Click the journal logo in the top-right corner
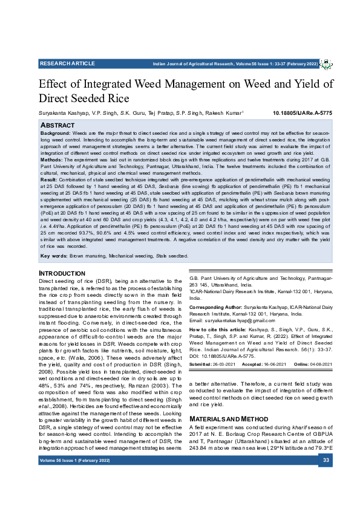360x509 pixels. pos(325,63)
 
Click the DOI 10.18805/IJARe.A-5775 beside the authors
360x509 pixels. pos(303,113)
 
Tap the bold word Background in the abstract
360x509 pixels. pos(55,132)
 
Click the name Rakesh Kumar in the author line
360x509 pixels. pos(223,113)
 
